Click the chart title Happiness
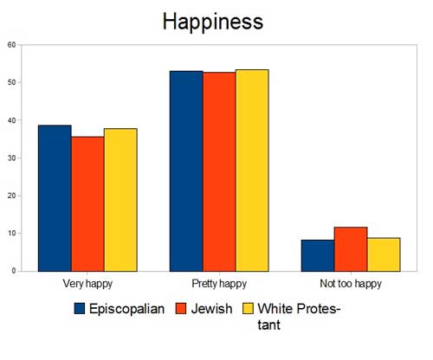(212, 22)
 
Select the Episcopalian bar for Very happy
(55, 198)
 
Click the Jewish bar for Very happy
(87, 203)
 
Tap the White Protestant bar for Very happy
(120, 200)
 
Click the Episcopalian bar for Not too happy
(318, 255)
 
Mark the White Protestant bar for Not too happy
(384, 254)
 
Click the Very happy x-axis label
(87, 283)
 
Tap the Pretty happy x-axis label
(219, 283)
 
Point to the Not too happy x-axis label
(351, 283)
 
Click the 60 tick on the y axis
(10, 44)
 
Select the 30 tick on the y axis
(10, 157)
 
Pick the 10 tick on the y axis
(10, 233)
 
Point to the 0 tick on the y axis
(13, 271)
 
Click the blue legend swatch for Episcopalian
(80, 308)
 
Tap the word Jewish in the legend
(211, 308)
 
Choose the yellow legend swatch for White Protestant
(249, 308)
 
